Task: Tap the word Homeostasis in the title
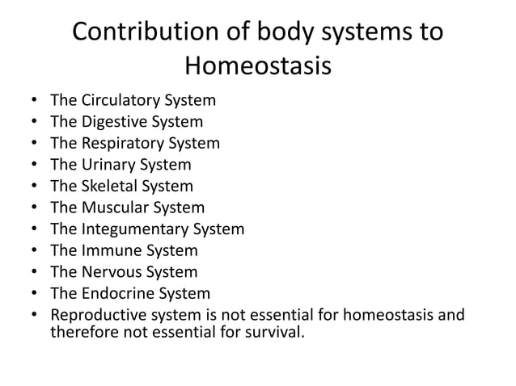pos(258,65)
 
